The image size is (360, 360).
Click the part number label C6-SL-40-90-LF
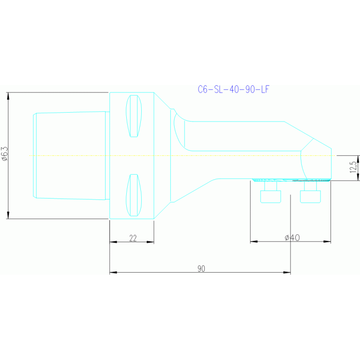pyautogui.click(x=234, y=89)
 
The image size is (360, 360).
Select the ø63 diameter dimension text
pyautogui.click(x=5, y=154)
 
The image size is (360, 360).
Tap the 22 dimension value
pyautogui.click(x=132, y=238)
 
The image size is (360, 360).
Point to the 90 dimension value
pyautogui.click(x=201, y=268)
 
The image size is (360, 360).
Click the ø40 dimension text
pyautogui.click(x=292, y=238)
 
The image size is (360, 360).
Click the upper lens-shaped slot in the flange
pyautogui.click(x=134, y=116)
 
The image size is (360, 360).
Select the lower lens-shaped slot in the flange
pyautogui.click(x=134, y=195)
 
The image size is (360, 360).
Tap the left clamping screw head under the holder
pyautogui.click(x=270, y=196)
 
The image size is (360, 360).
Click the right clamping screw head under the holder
pyautogui.click(x=310, y=196)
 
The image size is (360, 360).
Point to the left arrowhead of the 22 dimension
pyautogui.click(x=113, y=242)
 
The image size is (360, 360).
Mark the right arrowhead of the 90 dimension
pyautogui.click(x=287, y=272)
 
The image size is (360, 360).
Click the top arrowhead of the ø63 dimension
pyautogui.click(x=8, y=96)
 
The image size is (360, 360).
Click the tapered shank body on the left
pyautogui.click(x=70, y=155)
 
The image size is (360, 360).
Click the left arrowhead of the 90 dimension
pyautogui.click(x=113, y=272)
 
